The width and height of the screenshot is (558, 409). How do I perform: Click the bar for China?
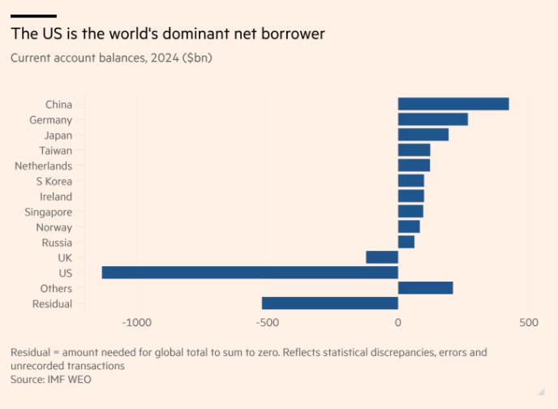click(x=453, y=104)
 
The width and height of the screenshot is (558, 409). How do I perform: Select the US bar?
click(x=250, y=273)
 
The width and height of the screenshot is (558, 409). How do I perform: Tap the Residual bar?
click(x=329, y=304)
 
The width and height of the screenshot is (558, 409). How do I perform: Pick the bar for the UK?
click(x=382, y=257)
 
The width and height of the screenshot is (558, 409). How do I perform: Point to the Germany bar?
click(x=432, y=119)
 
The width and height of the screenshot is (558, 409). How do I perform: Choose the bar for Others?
click(x=425, y=288)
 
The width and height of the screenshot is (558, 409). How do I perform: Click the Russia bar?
click(x=406, y=242)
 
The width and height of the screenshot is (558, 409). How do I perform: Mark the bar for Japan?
click(x=423, y=135)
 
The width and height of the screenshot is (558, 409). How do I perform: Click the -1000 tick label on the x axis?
click(x=136, y=323)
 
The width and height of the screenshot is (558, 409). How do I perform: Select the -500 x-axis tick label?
click(x=267, y=323)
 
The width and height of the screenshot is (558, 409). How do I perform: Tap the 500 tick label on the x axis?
click(x=528, y=323)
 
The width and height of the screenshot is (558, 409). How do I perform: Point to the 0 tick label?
click(x=397, y=323)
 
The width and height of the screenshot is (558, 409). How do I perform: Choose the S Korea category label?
click(x=54, y=181)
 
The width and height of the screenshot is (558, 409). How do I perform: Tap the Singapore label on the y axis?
click(x=48, y=212)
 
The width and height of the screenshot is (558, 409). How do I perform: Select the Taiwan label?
click(x=55, y=150)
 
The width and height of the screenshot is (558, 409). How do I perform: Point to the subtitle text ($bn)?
click(x=195, y=58)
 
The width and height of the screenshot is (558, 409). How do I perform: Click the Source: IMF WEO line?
click(x=51, y=379)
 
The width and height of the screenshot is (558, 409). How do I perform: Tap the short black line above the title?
click(x=33, y=15)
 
